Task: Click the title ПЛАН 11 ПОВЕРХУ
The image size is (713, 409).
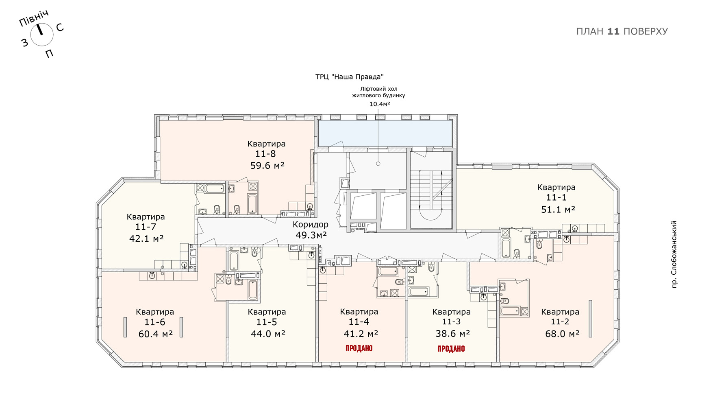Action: (x=622, y=31)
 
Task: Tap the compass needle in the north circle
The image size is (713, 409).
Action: (x=40, y=30)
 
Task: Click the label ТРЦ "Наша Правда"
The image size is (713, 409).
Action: (x=350, y=77)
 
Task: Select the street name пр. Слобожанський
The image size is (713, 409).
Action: (x=674, y=254)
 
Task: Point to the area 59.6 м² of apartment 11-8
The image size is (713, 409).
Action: (x=267, y=165)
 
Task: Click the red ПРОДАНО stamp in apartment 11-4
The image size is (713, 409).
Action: (x=359, y=348)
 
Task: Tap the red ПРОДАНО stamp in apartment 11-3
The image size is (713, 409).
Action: (x=451, y=349)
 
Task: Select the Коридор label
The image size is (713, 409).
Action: (x=311, y=224)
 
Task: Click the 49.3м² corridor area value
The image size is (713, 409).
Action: (x=311, y=235)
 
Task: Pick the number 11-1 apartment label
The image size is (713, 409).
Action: (x=556, y=197)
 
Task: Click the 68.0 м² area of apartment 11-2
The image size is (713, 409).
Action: (x=562, y=334)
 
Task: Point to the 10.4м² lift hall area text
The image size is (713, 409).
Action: (x=380, y=104)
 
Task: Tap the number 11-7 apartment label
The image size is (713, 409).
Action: (x=146, y=227)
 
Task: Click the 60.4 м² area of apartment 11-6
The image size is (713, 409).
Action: (x=156, y=334)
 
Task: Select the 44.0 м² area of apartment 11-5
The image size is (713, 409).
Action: (x=268, y=334)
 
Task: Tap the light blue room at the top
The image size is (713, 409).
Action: (x=385, y=133)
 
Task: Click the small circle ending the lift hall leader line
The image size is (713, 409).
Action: (x=378, y=164)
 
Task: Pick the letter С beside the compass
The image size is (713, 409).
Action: (x=60, y=28)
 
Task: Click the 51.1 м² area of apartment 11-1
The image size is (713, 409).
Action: (x=558, y=209)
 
